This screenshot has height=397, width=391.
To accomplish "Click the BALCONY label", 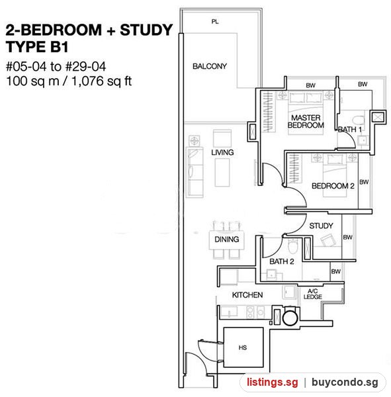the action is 210,66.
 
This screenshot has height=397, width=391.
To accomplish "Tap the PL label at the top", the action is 215,22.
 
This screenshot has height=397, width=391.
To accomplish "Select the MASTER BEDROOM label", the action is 306,121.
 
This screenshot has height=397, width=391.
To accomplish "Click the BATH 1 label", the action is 350,130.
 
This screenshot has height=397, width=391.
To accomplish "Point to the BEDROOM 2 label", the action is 333,186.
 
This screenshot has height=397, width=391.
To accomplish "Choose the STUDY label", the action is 321,226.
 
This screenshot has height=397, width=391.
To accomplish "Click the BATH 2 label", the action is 282,261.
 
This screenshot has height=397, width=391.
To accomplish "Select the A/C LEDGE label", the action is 313,294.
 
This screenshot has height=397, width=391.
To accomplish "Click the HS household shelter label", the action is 243,347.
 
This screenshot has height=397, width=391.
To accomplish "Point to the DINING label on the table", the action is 227,240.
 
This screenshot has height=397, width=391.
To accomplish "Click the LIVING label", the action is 222,152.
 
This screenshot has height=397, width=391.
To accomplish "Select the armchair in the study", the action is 328,240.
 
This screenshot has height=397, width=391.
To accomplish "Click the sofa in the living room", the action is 195,172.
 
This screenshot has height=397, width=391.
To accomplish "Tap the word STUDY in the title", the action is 146,30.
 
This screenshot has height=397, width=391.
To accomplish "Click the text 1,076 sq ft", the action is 101,81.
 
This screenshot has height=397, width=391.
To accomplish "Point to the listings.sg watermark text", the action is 273,382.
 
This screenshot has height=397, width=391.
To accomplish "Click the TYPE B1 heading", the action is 37,47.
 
